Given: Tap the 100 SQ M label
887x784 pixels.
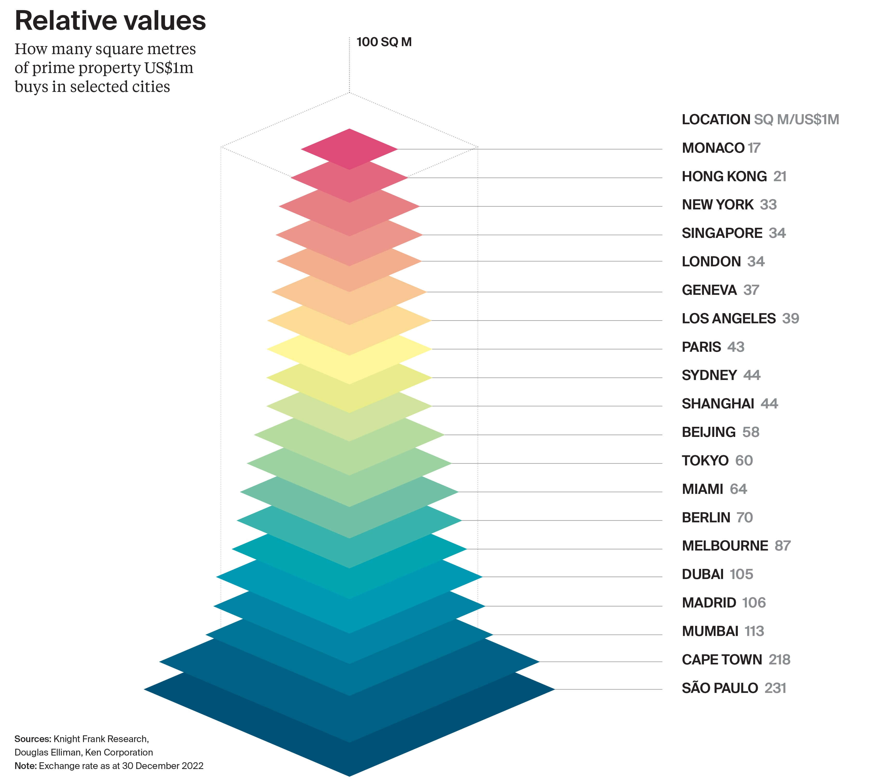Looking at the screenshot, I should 384,42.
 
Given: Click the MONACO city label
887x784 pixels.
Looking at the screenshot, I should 713,148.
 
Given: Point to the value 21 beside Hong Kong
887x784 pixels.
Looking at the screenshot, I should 780,176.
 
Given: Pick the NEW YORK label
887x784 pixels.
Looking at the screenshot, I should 717,204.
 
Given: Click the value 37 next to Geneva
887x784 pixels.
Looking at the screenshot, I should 751,290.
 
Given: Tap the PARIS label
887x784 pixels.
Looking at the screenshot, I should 701,347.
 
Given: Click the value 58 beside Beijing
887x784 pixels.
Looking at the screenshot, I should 751,432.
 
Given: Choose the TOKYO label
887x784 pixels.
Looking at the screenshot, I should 705,460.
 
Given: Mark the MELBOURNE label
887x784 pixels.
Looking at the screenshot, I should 725,546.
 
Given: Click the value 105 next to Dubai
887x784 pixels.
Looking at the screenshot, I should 741,574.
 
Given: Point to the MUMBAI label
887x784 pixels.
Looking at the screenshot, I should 710,631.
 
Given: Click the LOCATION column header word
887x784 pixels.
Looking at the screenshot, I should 716,119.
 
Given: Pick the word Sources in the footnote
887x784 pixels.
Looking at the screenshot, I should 33,739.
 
